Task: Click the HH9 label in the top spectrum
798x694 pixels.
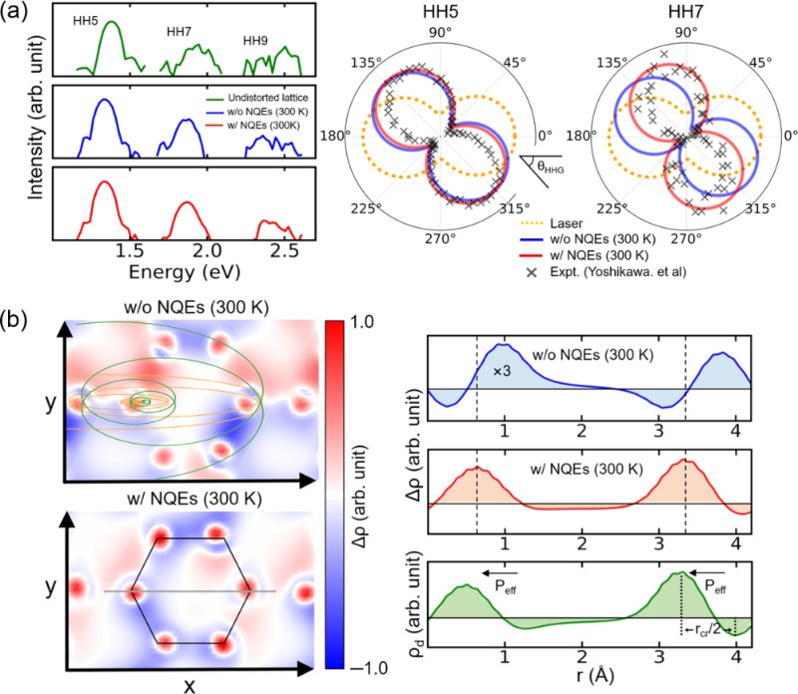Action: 260,41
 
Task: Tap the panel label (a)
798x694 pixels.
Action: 20,16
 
